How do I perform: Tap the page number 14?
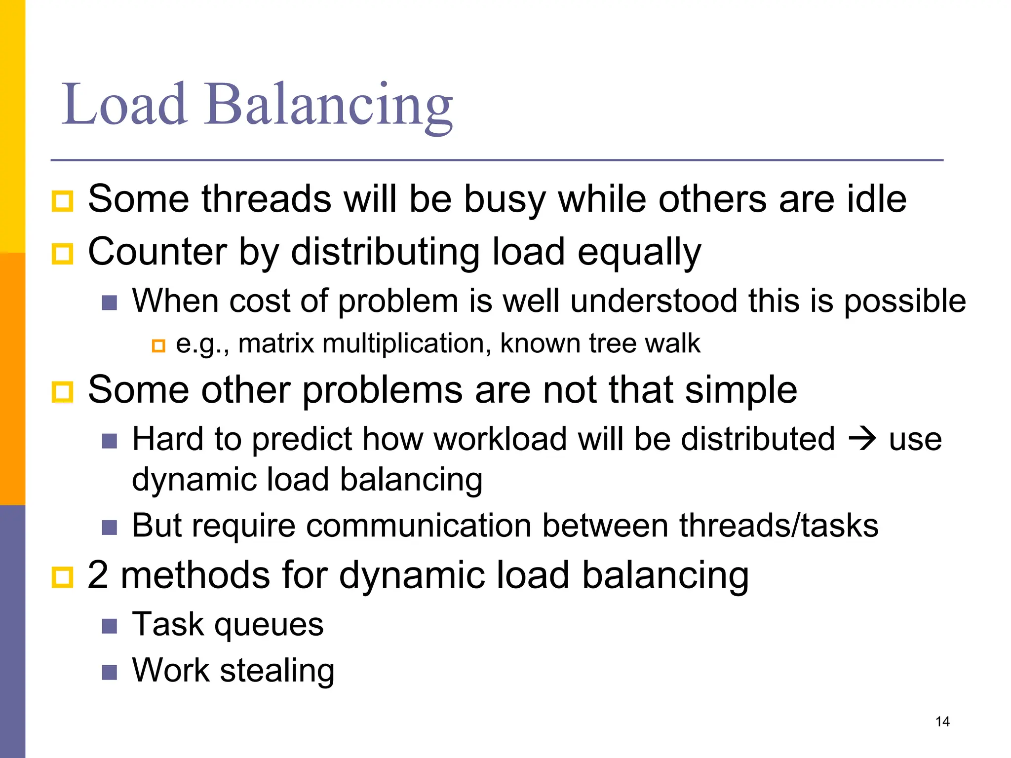click(942, 721)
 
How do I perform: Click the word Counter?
click(157, 252)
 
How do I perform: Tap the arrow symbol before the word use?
click(861, 439)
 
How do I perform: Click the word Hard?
click(168, 439)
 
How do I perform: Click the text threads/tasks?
click(778, 525)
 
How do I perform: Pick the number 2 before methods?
click(98, 575)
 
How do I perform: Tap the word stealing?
click(277, 671)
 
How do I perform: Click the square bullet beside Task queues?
click(110, 626)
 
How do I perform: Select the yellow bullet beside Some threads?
click(62, 201)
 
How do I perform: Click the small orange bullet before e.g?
click(158, 345)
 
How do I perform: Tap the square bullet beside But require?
click(110, 528)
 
